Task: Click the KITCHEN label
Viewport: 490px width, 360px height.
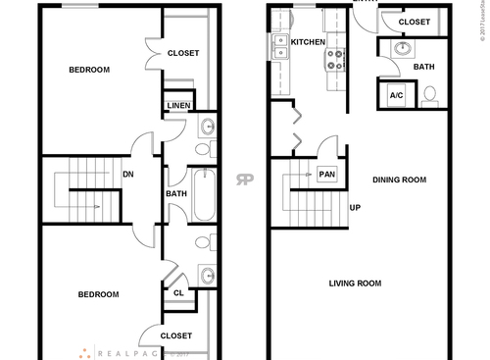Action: pyautogui.click(x=307, y=43)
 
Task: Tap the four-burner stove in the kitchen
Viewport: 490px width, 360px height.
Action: pyautogui.click(x=334, y=60)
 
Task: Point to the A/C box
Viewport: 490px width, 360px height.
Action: pyautogui.click(x=397, y=95)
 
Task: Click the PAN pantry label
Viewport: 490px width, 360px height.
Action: pyautogui.click(x=327, y=175)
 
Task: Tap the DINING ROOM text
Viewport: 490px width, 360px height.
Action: pyautogui.click(x=399, y=180)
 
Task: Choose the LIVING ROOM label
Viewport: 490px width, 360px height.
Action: pyautogui.click(x=354, y=283)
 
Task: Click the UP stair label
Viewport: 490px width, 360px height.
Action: pyautogui.click(x=355, y=208)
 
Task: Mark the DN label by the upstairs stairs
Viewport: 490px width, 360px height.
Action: pyautogui.click(x=127, y=176)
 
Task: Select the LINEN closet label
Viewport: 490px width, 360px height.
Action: pyautogui.click(x=178, y=105)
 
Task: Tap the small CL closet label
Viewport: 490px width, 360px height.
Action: pyautogui.click(x=177, y=291)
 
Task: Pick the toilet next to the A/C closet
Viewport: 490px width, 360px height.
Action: pyautogui.click(x=429, y=96)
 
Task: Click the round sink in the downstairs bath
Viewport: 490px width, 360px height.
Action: pyautogui.click(x=402, y=48)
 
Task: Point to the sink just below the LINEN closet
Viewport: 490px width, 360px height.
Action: pyautogui.click(x=207, y=127)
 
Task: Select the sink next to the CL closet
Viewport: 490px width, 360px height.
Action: pyautogui.click(x=207, y=274)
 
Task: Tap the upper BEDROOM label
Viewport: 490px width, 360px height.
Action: pyautogui.click(x=88, y=70)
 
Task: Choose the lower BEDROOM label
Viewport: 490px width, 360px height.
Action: pyautogui.click(x=98, y=294)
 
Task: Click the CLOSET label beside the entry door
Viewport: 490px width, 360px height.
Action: pyautogui.click(x=415, y=22)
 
